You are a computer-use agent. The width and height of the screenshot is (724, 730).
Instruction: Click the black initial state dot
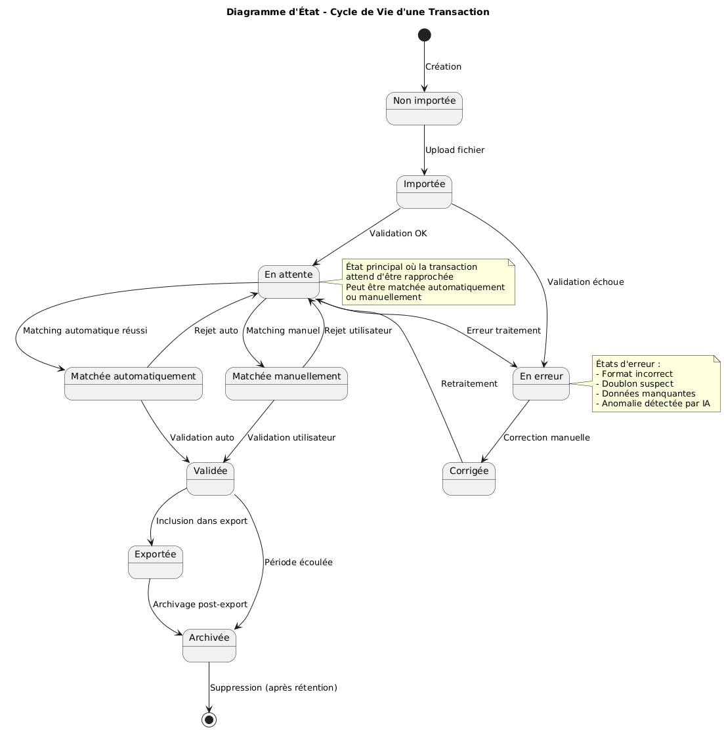[424, 35]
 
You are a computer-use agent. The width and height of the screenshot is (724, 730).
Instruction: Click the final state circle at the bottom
[209, 719]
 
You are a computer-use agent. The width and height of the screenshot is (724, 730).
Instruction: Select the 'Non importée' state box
[424, 108]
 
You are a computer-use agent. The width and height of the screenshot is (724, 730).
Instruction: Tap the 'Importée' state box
[424, 192]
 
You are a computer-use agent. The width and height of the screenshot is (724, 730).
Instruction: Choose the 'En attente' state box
[289, 282]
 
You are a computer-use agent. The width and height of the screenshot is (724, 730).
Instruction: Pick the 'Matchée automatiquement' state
[133, 383]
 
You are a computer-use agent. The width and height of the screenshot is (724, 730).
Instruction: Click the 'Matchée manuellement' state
[286, 383]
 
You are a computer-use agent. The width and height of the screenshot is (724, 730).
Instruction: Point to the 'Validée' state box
[210, 479]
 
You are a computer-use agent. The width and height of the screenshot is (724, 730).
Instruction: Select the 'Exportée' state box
[156, 562]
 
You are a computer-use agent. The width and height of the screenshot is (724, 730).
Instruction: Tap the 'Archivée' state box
[209, 645]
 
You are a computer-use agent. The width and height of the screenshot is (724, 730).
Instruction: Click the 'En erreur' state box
[541, 383]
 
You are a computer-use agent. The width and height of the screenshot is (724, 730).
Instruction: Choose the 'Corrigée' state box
[469, 479]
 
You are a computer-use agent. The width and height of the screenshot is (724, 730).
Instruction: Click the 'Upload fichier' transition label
[455, 150]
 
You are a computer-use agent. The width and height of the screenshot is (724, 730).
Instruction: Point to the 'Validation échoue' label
[586, 282]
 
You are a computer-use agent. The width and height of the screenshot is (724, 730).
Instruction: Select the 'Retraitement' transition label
[469, 383]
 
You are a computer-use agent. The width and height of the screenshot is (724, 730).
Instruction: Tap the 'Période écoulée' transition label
[298, 563]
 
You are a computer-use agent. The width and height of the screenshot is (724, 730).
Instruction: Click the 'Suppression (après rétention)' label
[274, 688]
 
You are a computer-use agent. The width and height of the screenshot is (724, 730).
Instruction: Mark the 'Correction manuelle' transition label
[547, 437]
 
